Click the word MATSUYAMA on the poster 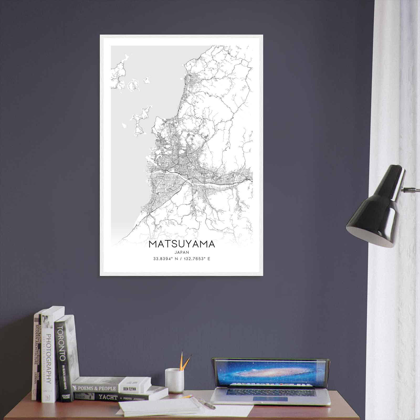point(182,244)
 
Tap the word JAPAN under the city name point(182,252)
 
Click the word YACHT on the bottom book point(108,397)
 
